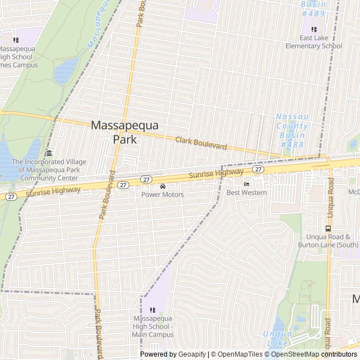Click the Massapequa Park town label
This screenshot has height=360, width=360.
125,132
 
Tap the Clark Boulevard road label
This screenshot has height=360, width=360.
201,143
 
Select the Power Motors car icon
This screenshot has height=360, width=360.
163,186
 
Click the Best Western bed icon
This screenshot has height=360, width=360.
246,184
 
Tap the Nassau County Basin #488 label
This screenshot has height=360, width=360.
292,130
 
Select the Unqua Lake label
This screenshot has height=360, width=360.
277,337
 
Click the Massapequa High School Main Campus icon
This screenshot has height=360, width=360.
152,309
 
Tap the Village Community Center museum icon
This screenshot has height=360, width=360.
49,153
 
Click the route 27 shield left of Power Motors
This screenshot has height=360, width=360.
146,179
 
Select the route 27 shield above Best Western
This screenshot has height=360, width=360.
258,169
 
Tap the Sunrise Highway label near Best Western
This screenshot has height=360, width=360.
216,174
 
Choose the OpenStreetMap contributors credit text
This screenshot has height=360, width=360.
313,354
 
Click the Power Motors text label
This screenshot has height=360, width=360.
163,195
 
